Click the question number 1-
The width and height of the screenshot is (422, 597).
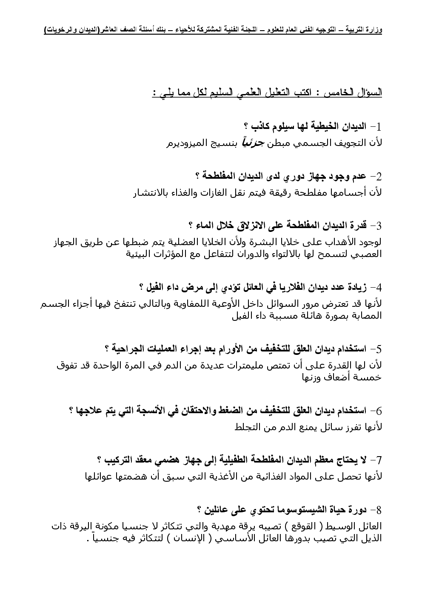(376, 126)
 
